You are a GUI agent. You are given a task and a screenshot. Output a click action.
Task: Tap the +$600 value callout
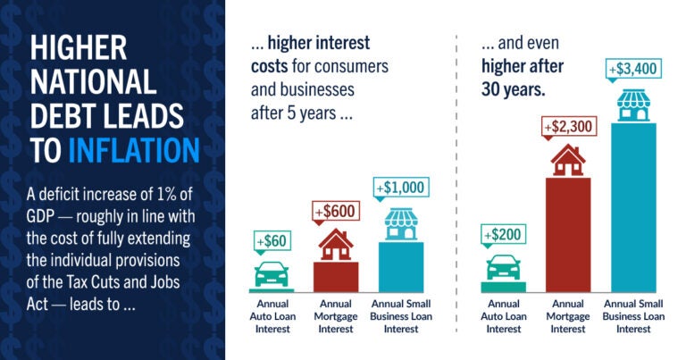[335, 213]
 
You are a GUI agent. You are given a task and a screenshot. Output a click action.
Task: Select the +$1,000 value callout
[401, 188]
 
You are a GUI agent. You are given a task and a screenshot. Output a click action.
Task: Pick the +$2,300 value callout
[569, 127]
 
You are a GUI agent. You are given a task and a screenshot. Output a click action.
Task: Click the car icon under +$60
[272, 272]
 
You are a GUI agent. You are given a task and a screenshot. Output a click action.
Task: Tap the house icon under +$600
[336, 244]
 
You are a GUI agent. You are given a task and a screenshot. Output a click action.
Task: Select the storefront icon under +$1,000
[401, 223]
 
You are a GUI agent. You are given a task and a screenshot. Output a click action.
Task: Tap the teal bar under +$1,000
[401, 266]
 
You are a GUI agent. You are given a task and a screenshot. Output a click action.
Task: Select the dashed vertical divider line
[456, 179]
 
